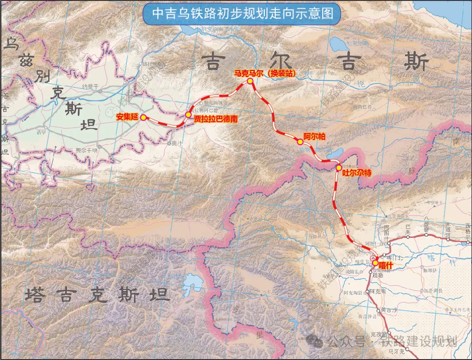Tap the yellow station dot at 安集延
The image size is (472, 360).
coord(143,117)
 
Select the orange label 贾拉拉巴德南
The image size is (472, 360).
coord(215,119)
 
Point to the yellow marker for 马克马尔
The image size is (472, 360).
coord(250,81)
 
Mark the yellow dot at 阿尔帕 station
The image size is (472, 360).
coord(300,142)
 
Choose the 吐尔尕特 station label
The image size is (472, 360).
coord(357,173)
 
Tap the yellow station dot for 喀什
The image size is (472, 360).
coord(375,263)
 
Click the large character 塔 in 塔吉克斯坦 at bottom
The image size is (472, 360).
coord(35,295)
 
